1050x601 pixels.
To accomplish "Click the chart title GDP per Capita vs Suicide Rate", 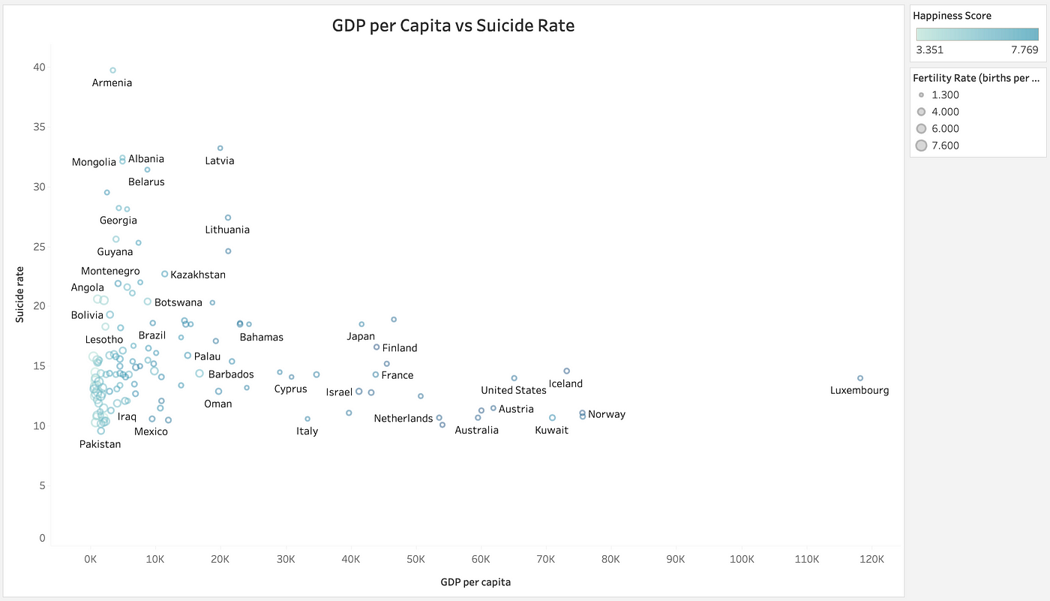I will [453, 26].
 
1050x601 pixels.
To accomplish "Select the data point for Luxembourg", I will [860, 378].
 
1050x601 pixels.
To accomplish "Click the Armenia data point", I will [112, 71].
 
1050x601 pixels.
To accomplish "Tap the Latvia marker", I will [220, 148].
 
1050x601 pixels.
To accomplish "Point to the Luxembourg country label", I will [859, 390].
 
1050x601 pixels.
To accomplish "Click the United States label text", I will [513, 390].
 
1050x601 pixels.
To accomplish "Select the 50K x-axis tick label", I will [415, 560].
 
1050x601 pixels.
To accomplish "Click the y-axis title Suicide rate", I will [20, 294].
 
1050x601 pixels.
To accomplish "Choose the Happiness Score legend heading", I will [952, 16].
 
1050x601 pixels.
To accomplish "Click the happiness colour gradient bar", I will [976, 34].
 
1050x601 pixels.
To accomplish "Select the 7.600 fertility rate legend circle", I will [921, 146].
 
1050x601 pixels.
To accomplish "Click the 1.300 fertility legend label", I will [945, 95].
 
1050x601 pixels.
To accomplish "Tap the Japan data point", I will [361, 324].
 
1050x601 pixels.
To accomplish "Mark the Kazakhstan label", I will [197, 275].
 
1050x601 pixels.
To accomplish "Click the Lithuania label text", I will [227, 230].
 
